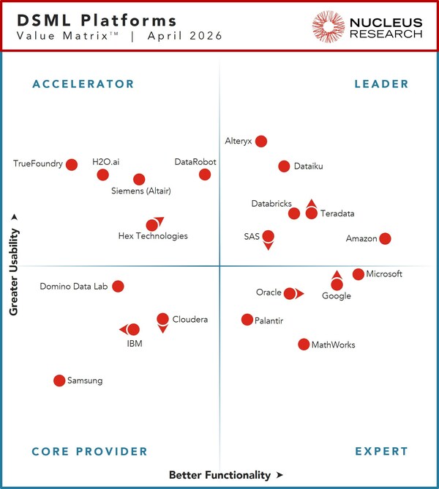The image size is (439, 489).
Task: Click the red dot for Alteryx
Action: tap(261, 141)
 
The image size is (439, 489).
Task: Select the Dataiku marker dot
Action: tap(284, 166)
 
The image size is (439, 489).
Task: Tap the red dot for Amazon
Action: tap(385, 238)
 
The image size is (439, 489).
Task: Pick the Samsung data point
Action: tap(59, 380)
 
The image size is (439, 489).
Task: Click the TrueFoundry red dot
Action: tap(72, 164)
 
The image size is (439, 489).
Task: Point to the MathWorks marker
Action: tap(304, 344)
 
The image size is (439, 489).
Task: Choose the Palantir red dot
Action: tap(247, 320)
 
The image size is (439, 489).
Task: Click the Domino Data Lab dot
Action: tap(118, 286)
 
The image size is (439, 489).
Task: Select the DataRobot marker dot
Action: tap(205, 174)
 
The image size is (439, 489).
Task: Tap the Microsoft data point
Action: tap(358, 274)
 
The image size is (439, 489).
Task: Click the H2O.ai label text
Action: tap(105, 161)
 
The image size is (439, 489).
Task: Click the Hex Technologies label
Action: tap(153, 236)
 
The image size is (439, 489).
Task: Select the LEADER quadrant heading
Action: tap(381, 84)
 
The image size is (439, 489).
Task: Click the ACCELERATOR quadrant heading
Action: tap(83, 84)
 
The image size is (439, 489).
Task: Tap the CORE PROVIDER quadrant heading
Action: tap(90, 452)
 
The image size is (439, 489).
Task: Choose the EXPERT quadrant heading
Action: tap(381, 452)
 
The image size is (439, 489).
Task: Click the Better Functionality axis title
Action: tap(220, 475)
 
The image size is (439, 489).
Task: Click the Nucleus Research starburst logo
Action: tap(329, 26)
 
